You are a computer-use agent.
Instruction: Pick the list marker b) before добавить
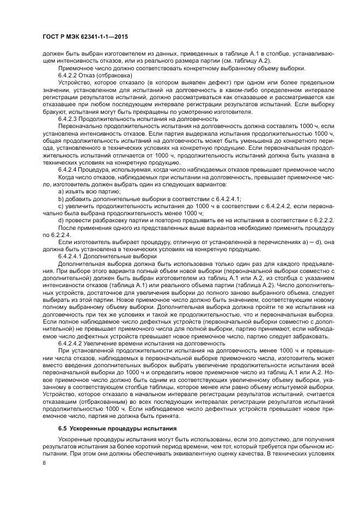coord(60,199)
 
